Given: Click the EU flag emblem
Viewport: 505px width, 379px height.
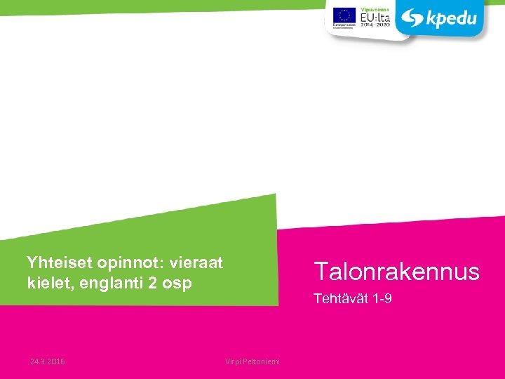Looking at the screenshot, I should coord(344,13).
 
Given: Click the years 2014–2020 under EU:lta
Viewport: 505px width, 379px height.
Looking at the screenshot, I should coord(375,24).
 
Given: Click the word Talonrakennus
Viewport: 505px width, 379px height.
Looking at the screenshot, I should coord(396,271).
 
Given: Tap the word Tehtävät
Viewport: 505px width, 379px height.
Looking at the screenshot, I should coord(337,299).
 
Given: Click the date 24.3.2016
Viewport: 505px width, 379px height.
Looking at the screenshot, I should coord(48,361).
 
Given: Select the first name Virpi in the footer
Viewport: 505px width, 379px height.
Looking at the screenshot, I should coord(233,361).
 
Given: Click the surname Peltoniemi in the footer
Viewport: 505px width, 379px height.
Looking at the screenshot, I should coord(261,361).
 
